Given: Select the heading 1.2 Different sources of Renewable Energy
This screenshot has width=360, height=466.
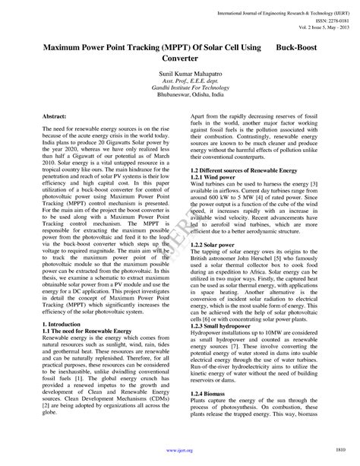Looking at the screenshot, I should tap(244, 170).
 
